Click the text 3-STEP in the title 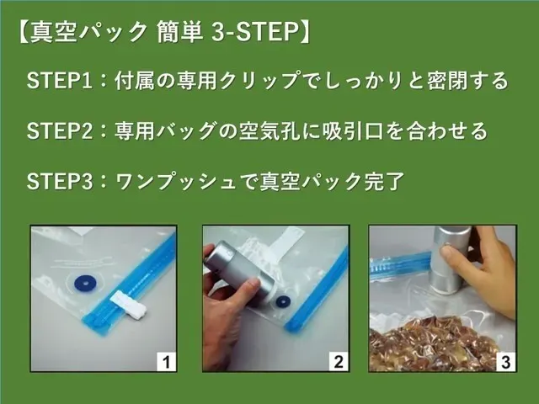pos(254,32)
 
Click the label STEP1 pos(60,81)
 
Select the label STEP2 pos(60,131)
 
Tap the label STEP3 pos(60,182)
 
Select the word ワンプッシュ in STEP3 pos(176,182)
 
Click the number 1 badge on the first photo pos(167,361)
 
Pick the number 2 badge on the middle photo pos(339,361)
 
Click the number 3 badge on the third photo pos(505,361)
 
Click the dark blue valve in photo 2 pos(283,303)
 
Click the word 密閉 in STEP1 pos(447,81)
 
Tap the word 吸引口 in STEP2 pos(353,131)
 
